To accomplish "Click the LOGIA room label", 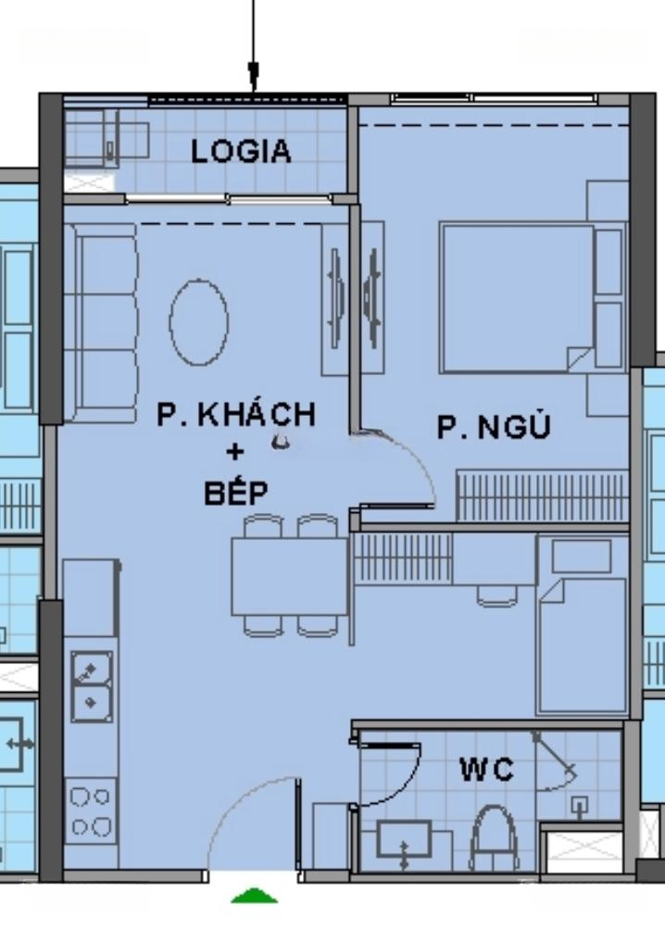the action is pyautogui.click(x=241, y=151).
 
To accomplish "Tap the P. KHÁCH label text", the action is pyautogui.click(x=235, y=414).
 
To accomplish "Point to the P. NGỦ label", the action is pyautogui.click(x=494, y=426).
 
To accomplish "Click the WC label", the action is pyautogui.click(x=487, y=770).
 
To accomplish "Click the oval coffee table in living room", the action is pyautogui.click(x=199, y=322).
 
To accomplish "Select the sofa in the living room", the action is pyautogui.click(x=101, y=323).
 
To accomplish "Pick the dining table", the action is pyautogui.click(x=290, y=576).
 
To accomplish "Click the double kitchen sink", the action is pyautogui.click(x=92, y=687).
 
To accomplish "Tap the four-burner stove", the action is pyautogui.click(x=91, y=811).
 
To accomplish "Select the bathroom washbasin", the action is pyautogui.click(x=404, y=839).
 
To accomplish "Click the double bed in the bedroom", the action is pyautogui.click(x=517, y=298).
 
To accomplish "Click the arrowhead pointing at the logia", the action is pyautogui.click(x=254, y=77).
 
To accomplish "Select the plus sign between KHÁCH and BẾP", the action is pyautogui.click(x=235, y=451).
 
